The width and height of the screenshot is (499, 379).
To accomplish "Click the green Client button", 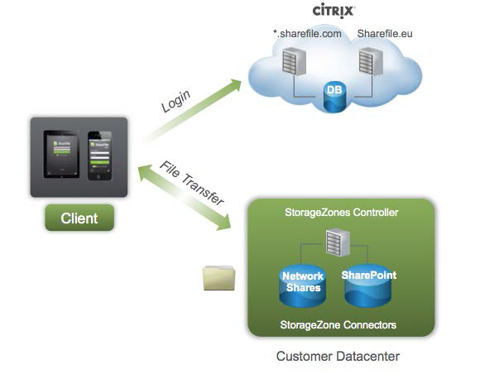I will pos(79,218).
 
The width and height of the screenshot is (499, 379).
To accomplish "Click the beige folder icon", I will pos(218,277).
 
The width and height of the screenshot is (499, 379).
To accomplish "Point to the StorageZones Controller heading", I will pos(340,213).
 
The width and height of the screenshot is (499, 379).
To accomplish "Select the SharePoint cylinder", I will pos(369,281).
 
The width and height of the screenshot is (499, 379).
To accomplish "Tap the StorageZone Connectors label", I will pos(340,325).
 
